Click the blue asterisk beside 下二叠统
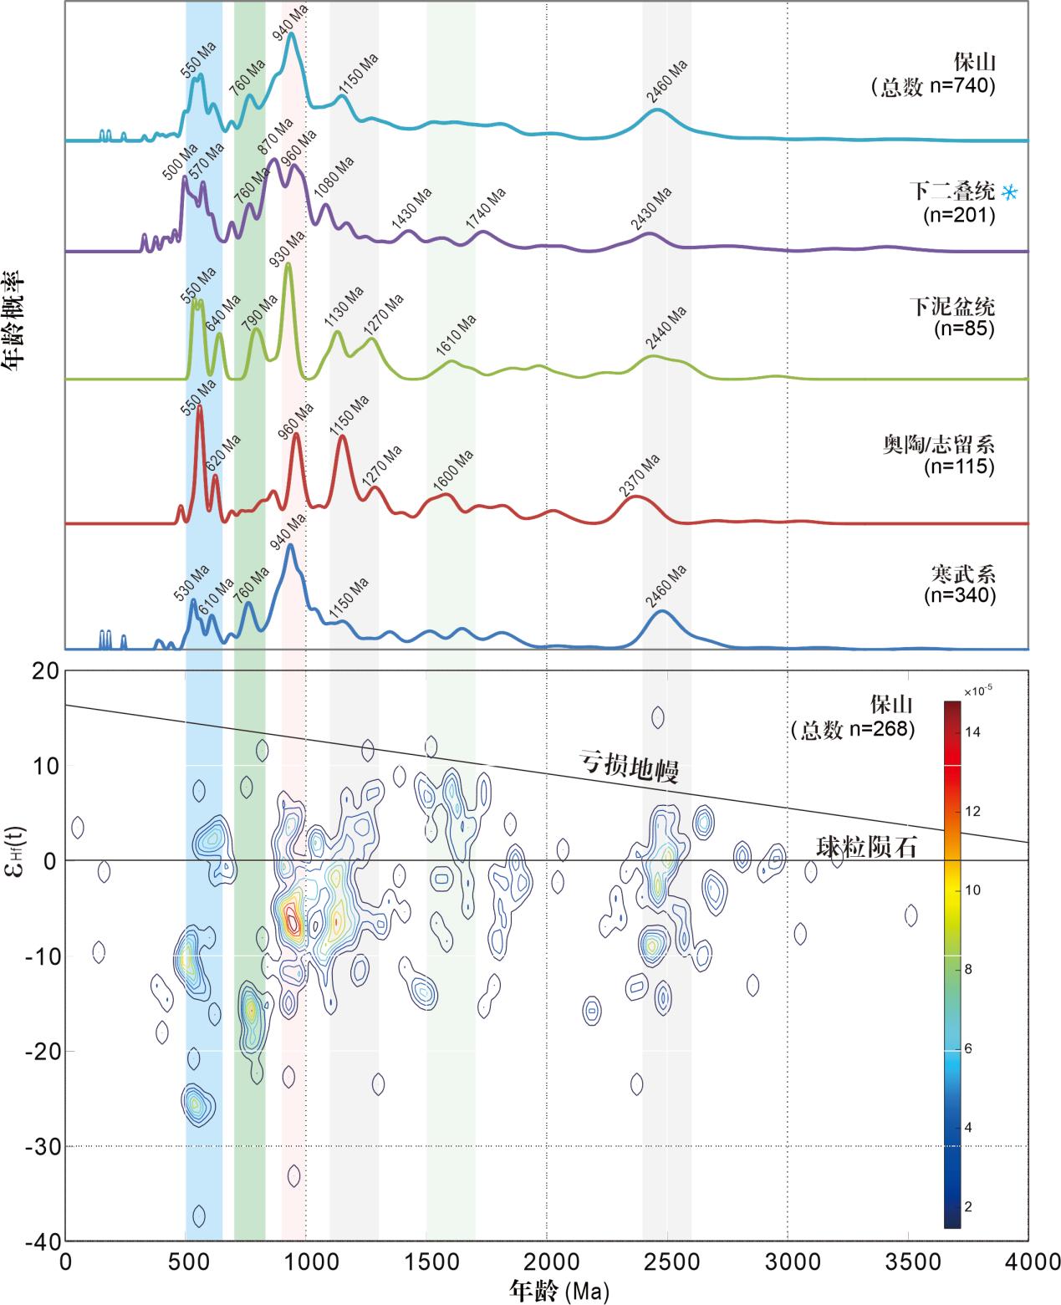coord(1010,192)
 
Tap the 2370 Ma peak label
coord(640,475)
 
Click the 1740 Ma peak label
coord(486,208)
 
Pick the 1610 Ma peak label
coord(456,336)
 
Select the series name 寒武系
coord(962,574)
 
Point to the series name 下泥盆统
coord(952,307)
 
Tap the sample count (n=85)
coord(963,329)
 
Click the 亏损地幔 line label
coord(630,767)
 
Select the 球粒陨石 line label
coord(867,848)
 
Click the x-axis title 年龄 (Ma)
coord(559,1290)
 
